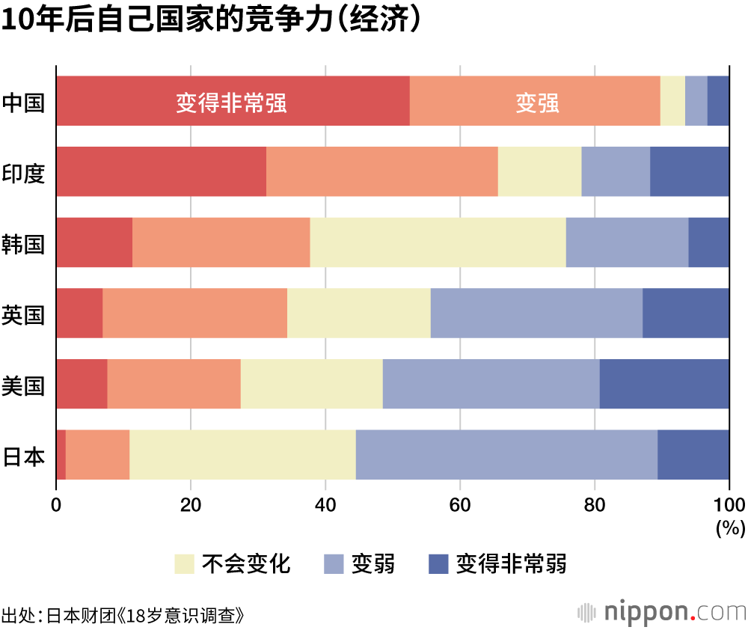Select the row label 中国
[x=24, y=102]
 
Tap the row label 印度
[x=24, y=173]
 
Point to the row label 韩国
[x=24, y=243]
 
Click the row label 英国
[x=24, y=314]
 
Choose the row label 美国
[x=24, y=385]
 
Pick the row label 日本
[x=24, y=456]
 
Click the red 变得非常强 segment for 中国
[x=233, y=101]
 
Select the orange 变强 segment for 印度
[x=381, y=171]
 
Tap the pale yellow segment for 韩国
[x=438, y=242]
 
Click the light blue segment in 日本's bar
[x=506, y=455]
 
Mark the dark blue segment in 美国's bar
[x=664, y=384]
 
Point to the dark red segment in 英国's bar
[x=79, y=313]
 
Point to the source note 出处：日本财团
[x=123, y=616]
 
